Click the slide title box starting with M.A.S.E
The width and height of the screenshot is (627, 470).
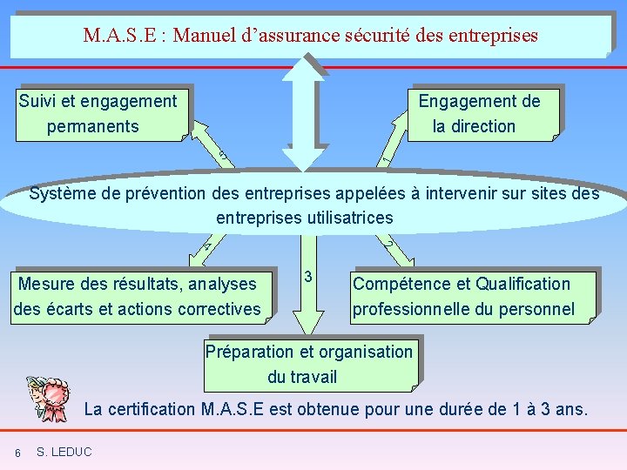click(x=311, y=36)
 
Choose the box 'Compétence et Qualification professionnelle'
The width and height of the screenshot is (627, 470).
click(x=470, y=296)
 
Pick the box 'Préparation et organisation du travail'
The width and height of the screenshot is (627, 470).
click(x=309, y=364)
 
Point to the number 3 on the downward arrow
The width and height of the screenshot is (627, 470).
click(x=307, y=277)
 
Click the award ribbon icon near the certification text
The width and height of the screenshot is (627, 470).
click(x=51, y=396)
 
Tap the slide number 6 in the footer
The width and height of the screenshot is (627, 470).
click(x=17, y=453)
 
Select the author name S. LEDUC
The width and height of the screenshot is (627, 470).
click(x=65, y=452)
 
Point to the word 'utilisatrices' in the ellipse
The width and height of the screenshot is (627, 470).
click(x=348, y=218)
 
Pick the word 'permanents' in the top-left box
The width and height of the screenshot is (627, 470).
click(x=92, y=126)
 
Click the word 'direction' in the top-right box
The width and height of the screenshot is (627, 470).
click(x=482, y=126)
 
